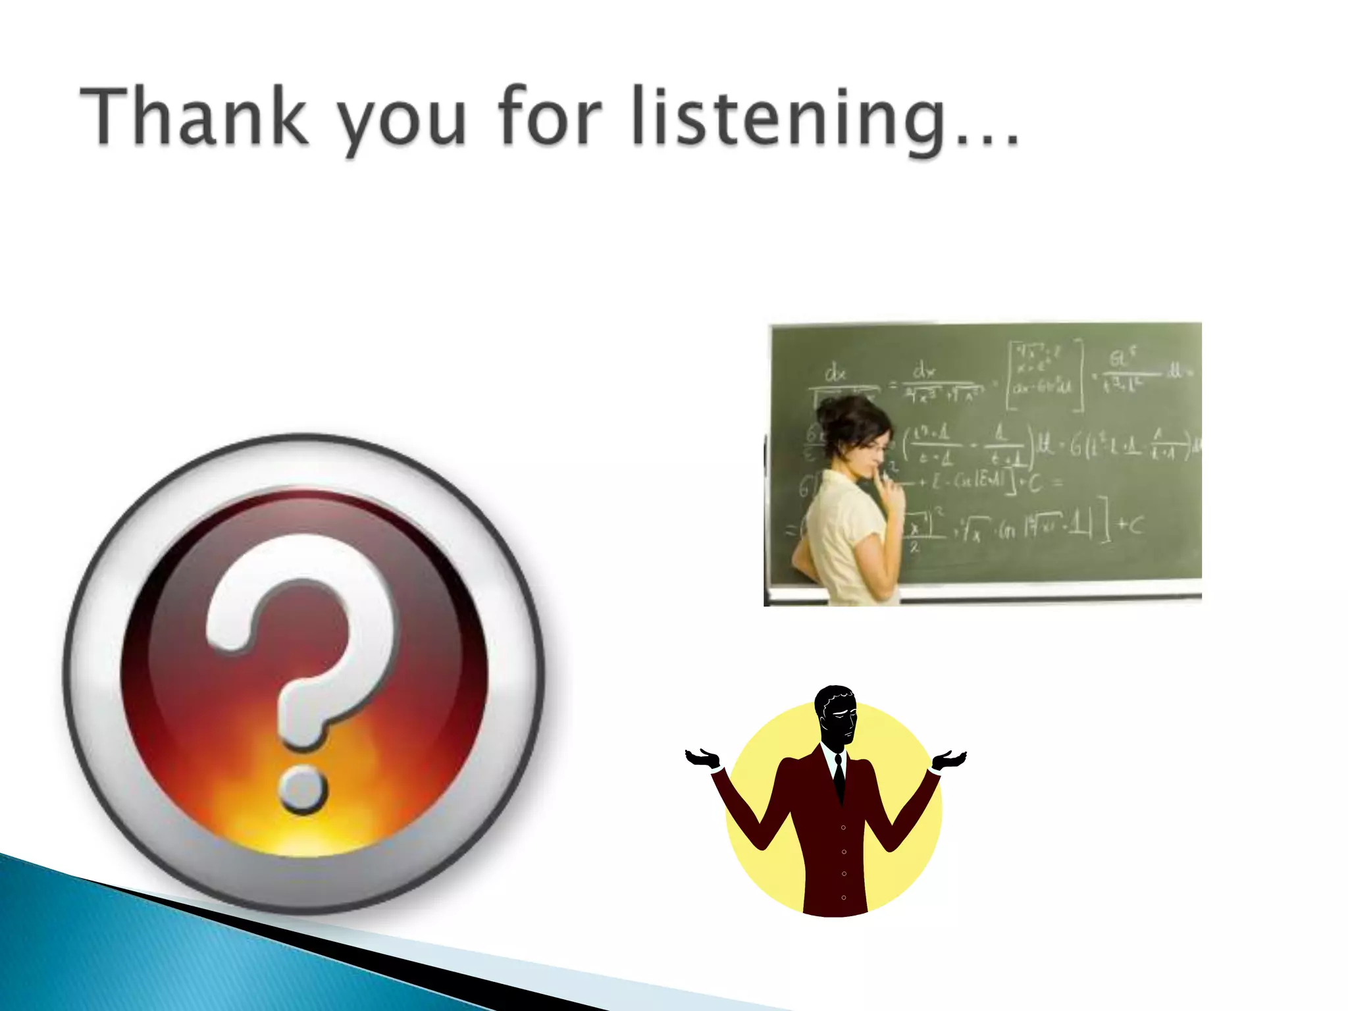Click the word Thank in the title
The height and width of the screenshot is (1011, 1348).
194,117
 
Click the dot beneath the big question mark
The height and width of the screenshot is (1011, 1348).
302,789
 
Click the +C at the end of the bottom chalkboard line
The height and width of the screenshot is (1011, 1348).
1130,525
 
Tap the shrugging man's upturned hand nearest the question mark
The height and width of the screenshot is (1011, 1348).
703,758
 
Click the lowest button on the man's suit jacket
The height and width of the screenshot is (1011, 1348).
844,897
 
